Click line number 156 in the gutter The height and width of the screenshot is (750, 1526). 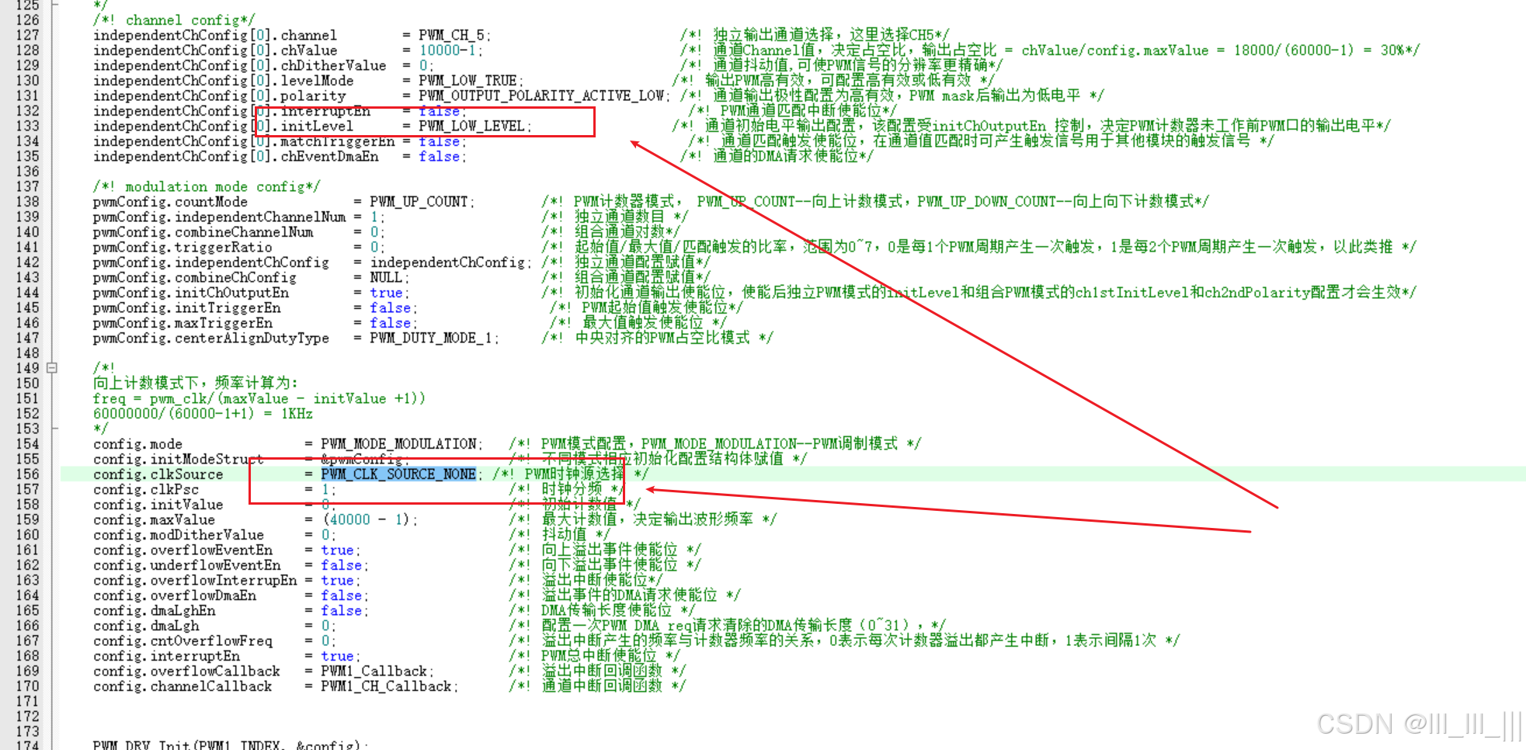point(27,474)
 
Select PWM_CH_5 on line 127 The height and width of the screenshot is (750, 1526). point(451,35)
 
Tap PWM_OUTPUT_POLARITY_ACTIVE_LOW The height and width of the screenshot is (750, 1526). point(541,95)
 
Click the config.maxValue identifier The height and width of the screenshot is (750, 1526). point(154,520)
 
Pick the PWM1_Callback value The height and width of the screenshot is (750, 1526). point(374,672)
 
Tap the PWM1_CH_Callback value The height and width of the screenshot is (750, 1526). point(385,686)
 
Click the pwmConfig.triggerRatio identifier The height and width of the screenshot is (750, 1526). point(182,248)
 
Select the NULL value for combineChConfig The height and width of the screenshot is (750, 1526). point(385,278)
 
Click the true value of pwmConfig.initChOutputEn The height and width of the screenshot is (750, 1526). point(386,293)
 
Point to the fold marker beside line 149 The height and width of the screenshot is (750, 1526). point(52,368)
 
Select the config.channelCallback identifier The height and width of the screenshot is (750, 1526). point(182,686)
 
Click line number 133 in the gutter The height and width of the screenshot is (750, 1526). point(27,126)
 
